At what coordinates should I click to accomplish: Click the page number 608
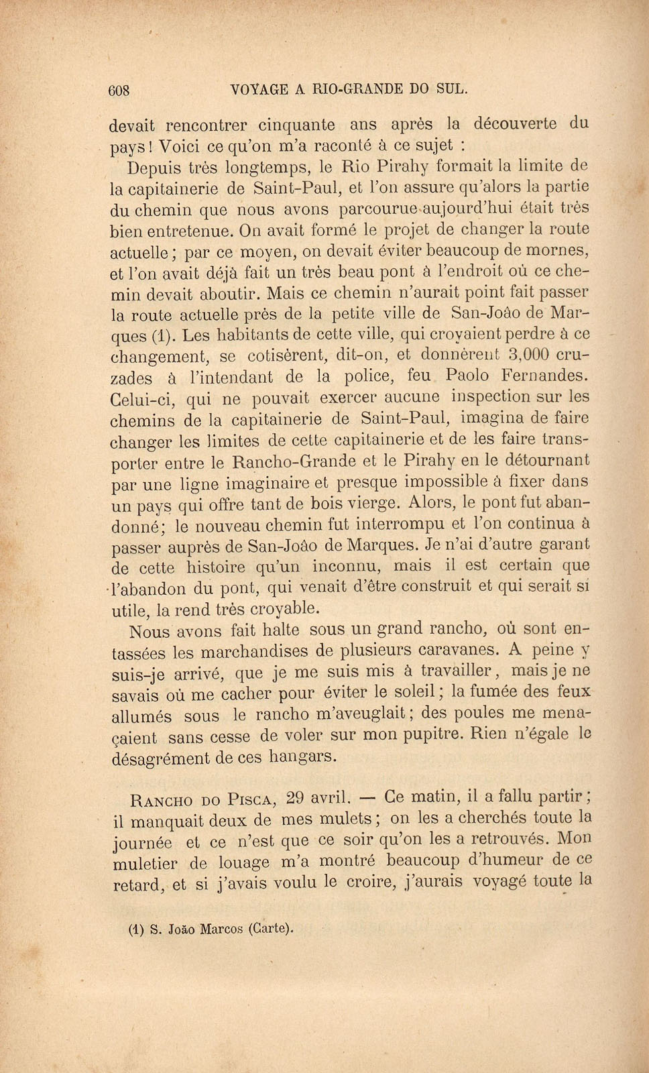[119, 91]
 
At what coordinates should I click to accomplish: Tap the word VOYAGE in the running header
[258, 89]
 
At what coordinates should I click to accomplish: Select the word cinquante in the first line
[289, 124]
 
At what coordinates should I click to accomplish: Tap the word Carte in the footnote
[271, 929]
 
